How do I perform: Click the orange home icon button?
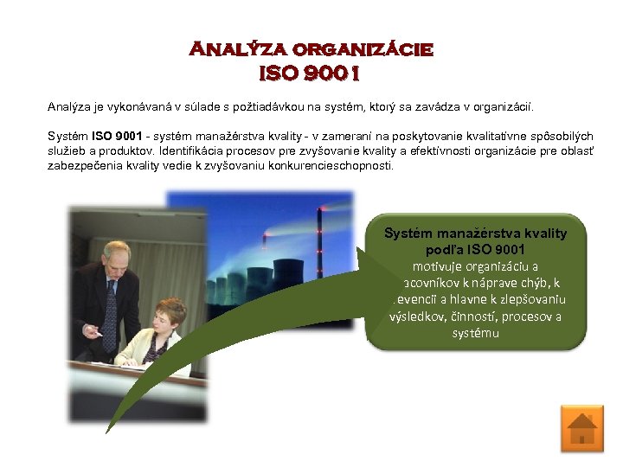click(581, 428)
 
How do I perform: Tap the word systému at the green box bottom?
click(475, 332)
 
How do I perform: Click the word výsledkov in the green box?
click(419, 316)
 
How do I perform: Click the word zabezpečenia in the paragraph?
click(79, 164)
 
